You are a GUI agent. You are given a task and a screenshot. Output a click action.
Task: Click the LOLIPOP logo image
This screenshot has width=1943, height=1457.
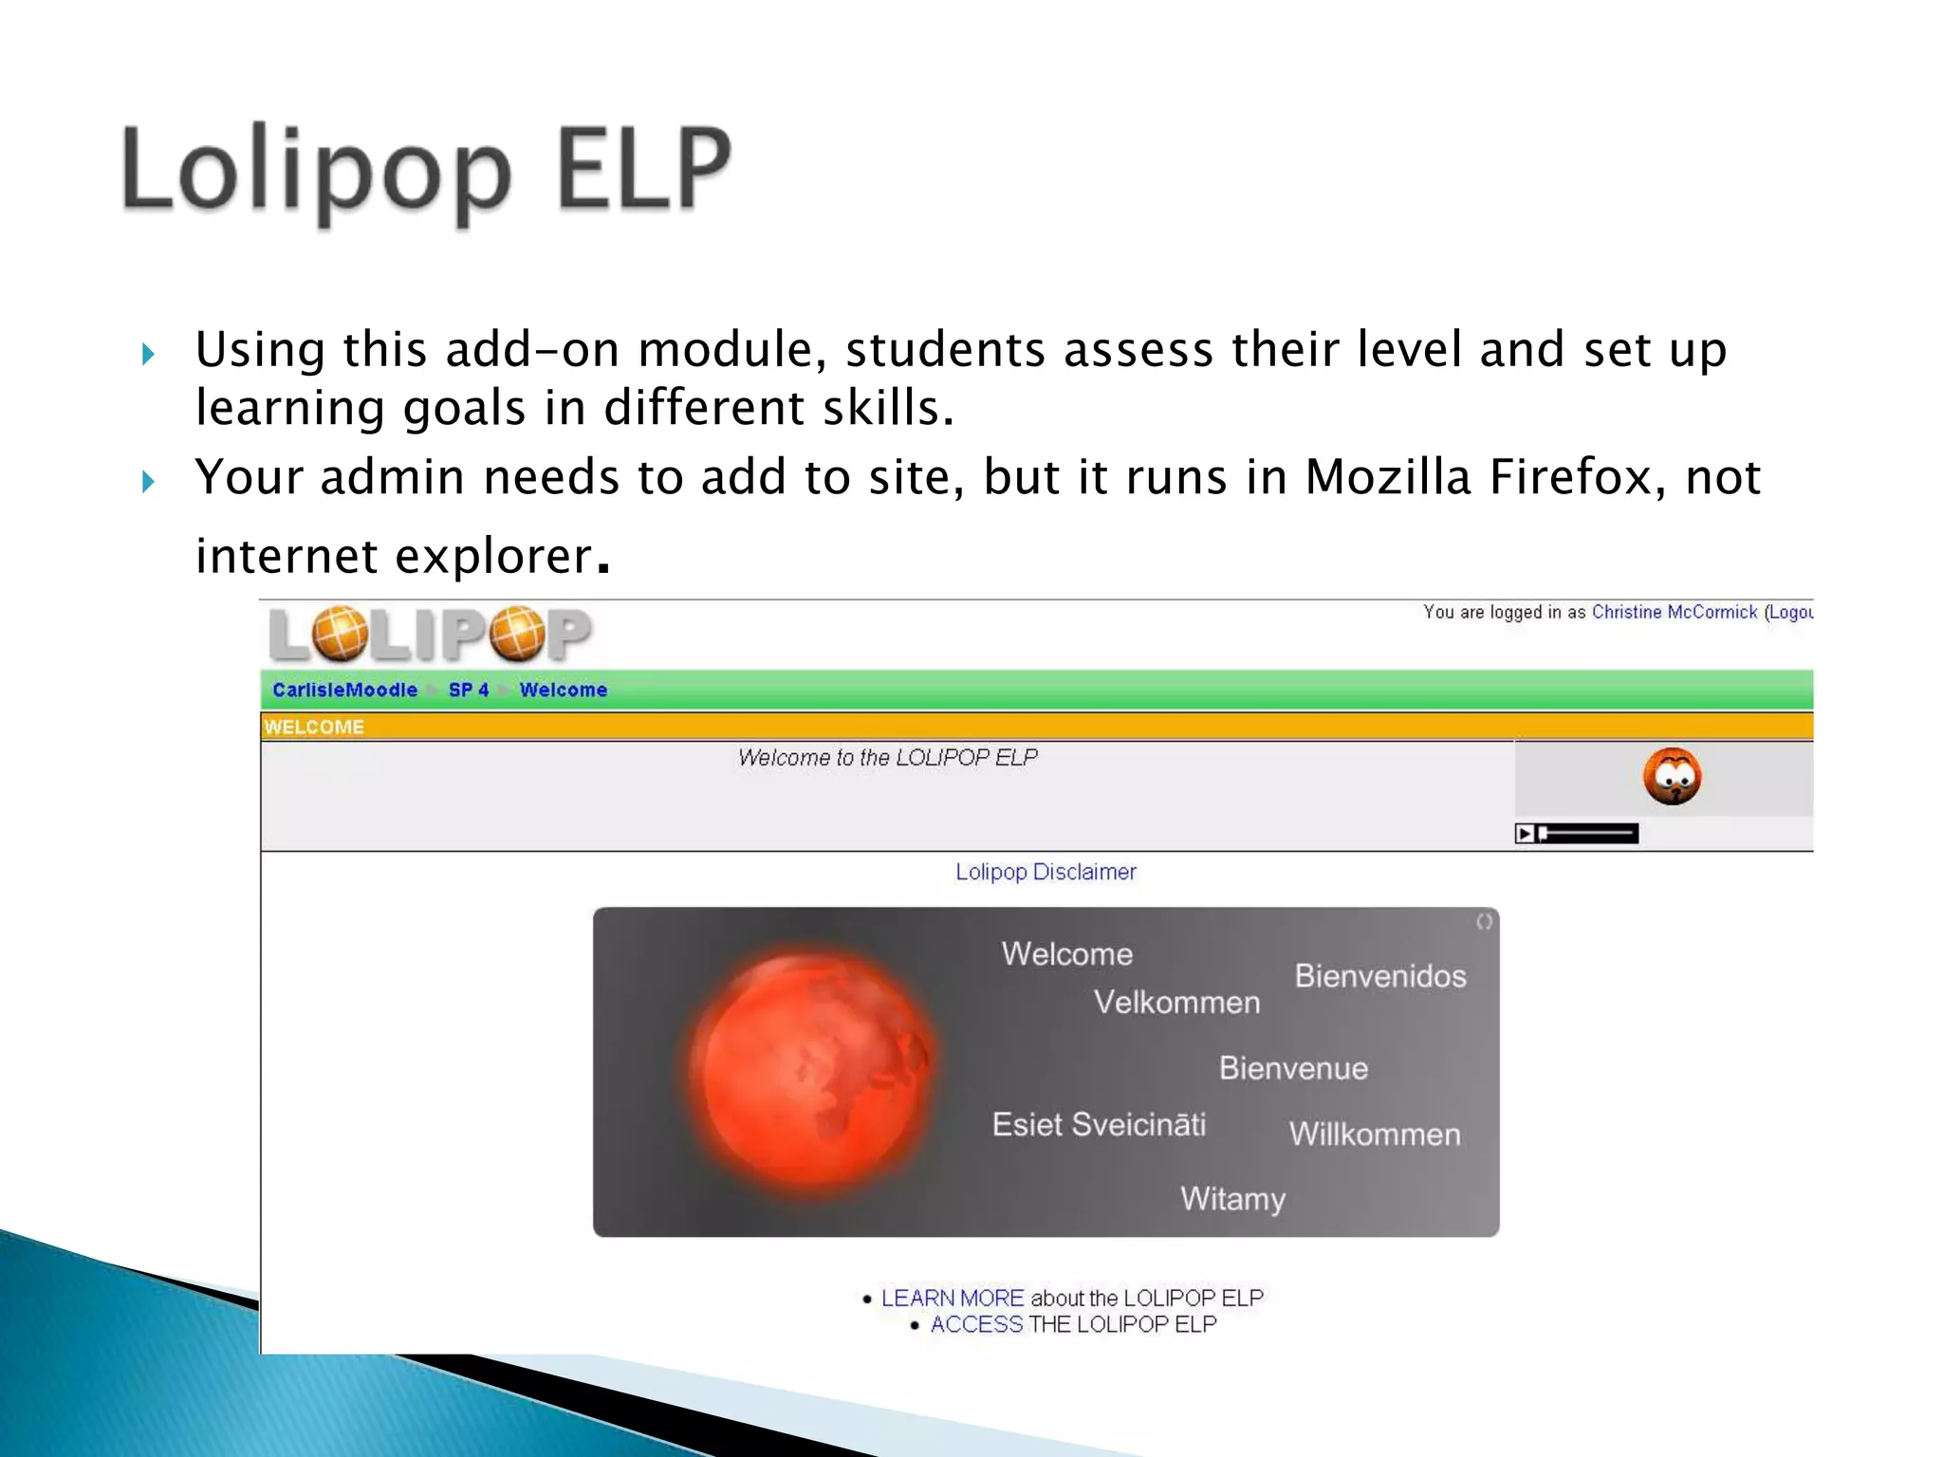click(430, 634)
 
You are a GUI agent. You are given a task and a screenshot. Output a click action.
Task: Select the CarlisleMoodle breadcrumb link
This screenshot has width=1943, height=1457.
click(344, 690)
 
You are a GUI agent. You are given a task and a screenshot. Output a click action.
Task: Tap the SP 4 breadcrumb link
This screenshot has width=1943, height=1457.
click(469, 690)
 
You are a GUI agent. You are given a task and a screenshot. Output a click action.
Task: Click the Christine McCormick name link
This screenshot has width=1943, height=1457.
click(1674, 613)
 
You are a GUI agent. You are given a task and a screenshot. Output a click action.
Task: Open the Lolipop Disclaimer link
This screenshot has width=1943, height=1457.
click(1046, 872)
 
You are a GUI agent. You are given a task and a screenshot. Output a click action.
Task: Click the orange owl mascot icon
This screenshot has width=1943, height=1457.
click(1672, 776)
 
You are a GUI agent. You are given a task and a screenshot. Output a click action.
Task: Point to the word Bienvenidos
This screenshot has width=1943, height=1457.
click(1380, 976)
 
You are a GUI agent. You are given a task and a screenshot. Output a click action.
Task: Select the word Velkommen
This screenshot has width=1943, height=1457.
click(1176, 1003)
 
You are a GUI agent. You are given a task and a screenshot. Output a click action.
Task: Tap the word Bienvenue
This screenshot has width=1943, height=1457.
click(1293, 1069)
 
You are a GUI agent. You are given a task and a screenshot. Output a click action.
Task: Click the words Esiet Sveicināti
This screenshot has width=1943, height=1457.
click(1099, 1125)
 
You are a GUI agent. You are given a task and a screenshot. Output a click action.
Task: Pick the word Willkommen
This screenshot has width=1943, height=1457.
click(1375, 1134)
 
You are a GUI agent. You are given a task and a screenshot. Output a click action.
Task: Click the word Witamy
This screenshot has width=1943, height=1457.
click(1232, 1199)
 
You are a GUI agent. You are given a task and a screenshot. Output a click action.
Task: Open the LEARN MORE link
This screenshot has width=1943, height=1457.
click(952, 1298)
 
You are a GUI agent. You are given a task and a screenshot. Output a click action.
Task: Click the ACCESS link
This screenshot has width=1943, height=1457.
click(976, 1324)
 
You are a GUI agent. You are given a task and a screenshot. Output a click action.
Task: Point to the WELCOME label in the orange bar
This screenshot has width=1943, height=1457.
click(314, 728)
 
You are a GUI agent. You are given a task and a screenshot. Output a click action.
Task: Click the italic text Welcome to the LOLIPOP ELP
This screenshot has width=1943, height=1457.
click(887, 758)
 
